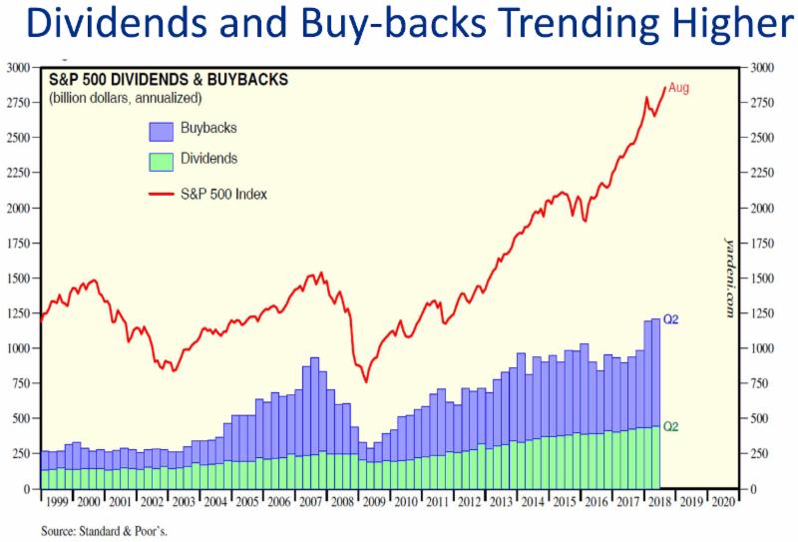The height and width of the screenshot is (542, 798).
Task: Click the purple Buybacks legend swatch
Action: tap(161, 130)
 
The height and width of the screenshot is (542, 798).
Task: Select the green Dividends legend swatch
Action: tap(161, 160)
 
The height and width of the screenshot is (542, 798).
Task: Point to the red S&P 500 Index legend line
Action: tap(161, 193)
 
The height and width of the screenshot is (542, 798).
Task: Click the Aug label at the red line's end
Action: tap(678, 88)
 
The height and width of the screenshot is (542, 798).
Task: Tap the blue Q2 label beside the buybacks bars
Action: tap(671, 319)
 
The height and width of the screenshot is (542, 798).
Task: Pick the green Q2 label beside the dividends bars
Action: tap(671, 426)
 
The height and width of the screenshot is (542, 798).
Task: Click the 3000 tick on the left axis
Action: tap(18, 68)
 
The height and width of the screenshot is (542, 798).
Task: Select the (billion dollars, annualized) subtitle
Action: tap(126, 99)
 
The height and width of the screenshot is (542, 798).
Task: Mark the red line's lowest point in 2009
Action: tap(366, 381)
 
